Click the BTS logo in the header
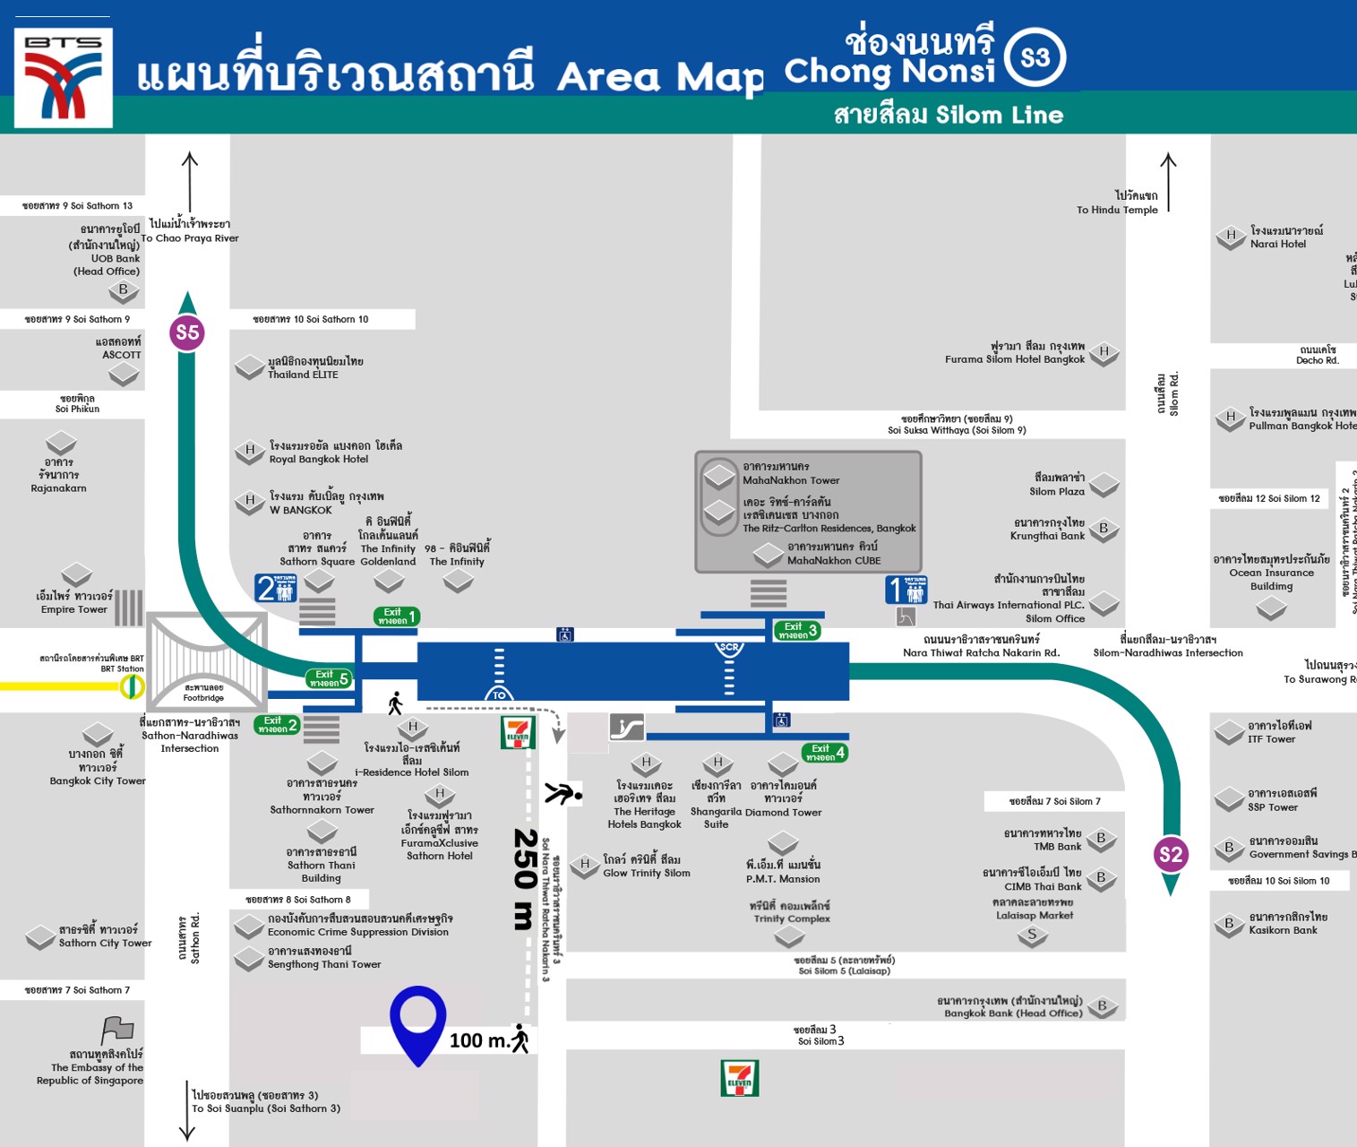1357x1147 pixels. pos(63,78)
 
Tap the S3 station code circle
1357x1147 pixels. pos(1035,58)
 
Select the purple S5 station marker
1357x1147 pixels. pos(187,333)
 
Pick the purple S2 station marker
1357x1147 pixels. pos(1171,854)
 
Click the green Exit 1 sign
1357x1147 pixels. pos(396,617)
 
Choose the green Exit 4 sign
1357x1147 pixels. pos(824,753)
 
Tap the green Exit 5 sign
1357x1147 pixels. pos(328,678)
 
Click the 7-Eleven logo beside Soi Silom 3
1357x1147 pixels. pos(740,1078)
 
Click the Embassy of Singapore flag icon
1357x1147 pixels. pos(117,1031)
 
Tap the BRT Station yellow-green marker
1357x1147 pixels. pos(133,687)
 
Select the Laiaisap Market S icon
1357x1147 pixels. pos(1032,936)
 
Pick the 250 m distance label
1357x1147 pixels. pos(525,878)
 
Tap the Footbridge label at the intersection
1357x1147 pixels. pos(204,693)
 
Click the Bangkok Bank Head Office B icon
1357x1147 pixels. pos(1103,1006)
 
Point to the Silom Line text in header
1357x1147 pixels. pos(999,115)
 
